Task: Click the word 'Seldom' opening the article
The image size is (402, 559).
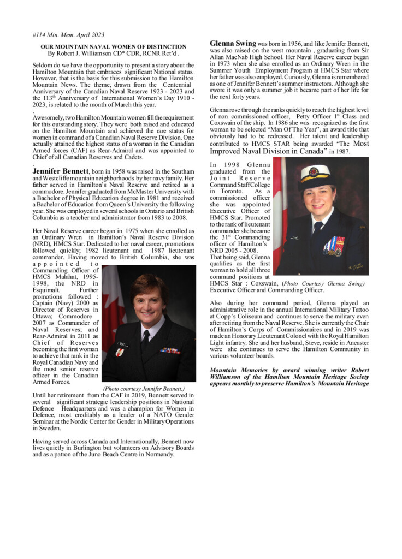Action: coord(44,66)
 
